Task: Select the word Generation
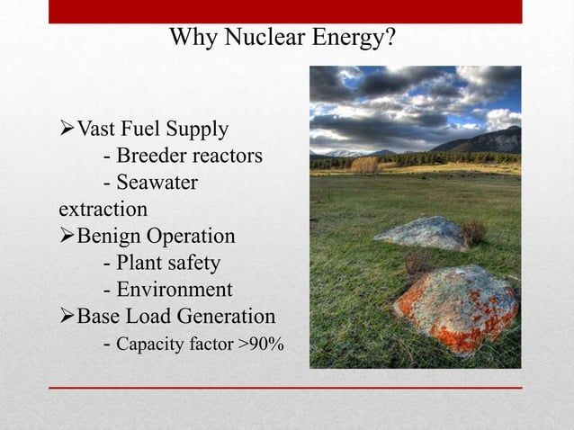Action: coord(229,317)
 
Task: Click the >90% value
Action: coord(261,343)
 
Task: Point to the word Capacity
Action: coord(148,344)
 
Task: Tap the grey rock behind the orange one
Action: coord(420,233)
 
